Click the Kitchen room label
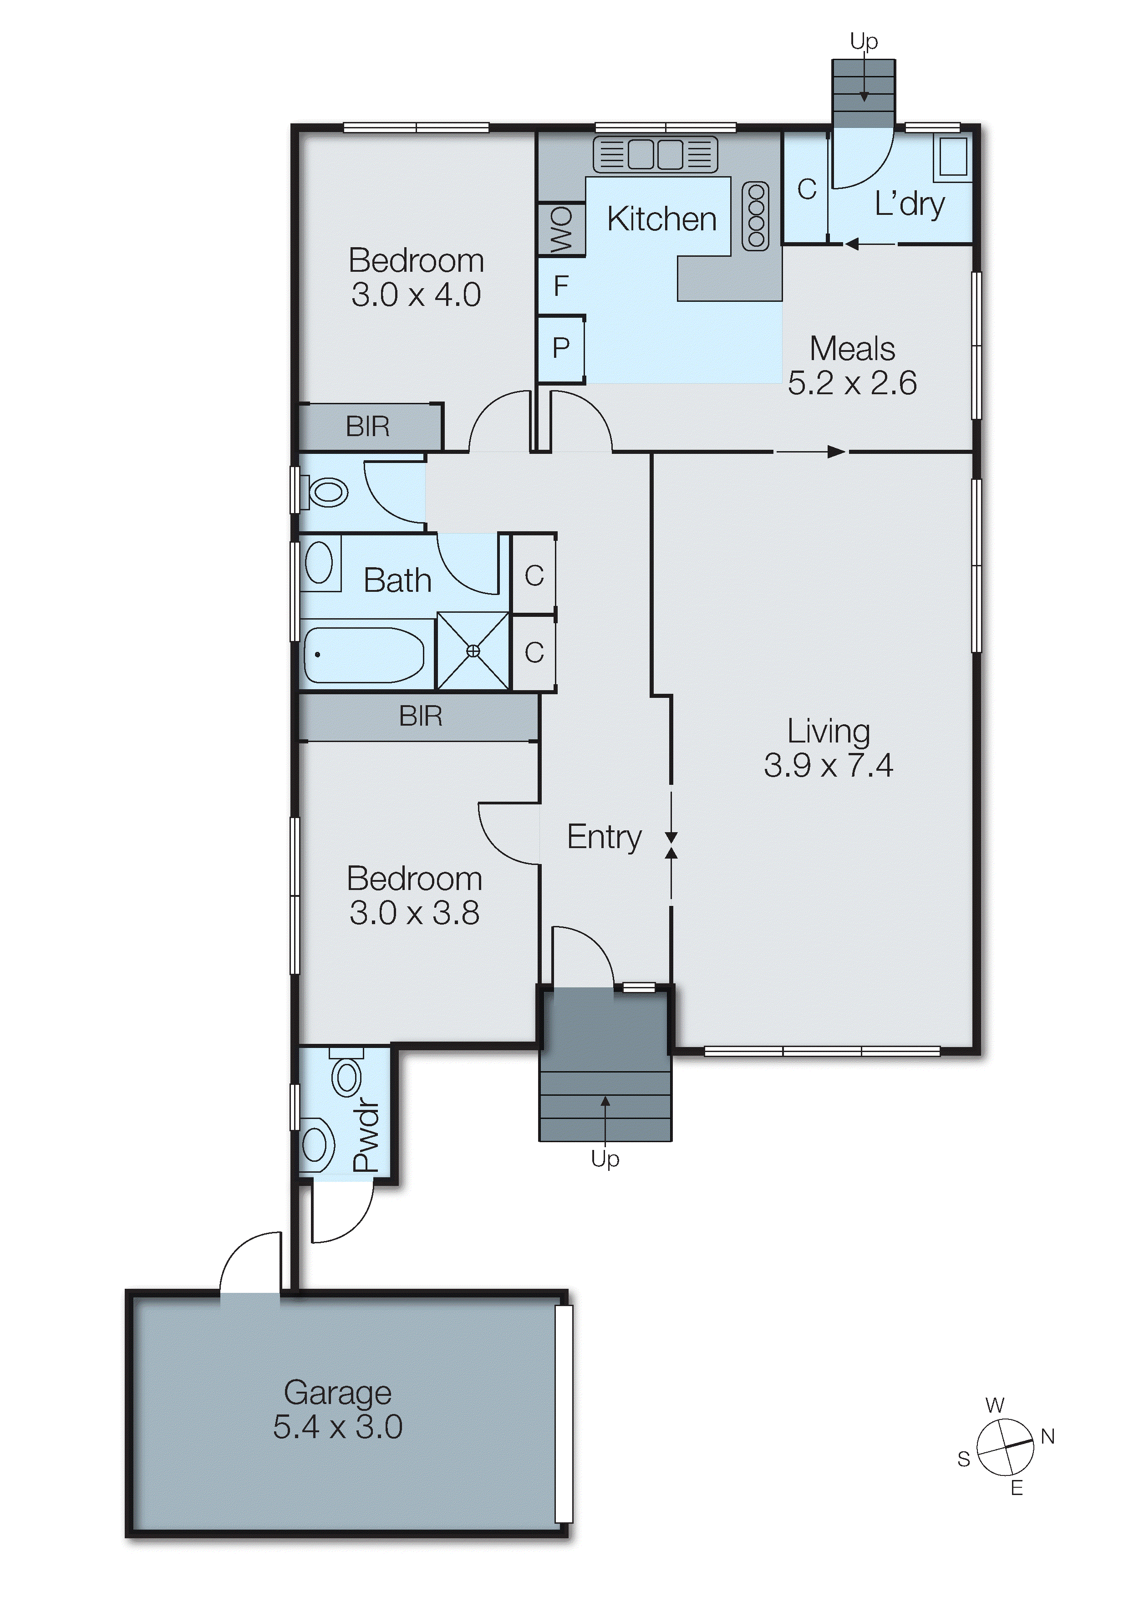(661, 219)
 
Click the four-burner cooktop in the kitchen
(755, 216)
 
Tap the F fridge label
(561, 286)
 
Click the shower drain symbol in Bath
(473, 651)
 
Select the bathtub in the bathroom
(364, 655)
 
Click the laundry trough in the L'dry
(953, 157)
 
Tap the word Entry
(604, 837)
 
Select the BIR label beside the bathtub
(420, 716)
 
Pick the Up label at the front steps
(605, 1159)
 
